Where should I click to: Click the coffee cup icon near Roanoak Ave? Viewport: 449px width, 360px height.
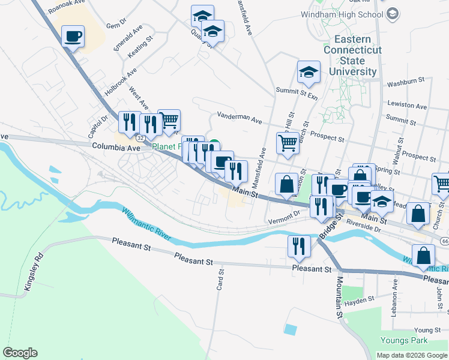[73, 37]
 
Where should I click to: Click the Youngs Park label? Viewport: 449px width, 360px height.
[404, 341]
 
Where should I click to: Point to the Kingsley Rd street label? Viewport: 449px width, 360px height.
[32, 274]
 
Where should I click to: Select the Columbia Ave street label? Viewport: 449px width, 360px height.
[116, 146]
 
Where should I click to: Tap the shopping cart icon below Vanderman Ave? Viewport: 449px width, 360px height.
[288, 143]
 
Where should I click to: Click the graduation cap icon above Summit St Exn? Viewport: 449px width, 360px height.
[309, 73]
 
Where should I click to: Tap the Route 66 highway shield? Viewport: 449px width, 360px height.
[444, 241]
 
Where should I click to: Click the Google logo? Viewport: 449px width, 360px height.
[20, 353]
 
